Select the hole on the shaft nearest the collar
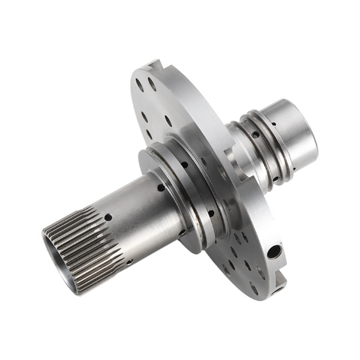coord(161,187)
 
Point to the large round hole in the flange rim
coord(273,251)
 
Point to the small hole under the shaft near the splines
coord(128,262)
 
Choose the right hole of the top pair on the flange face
coord(152,85)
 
